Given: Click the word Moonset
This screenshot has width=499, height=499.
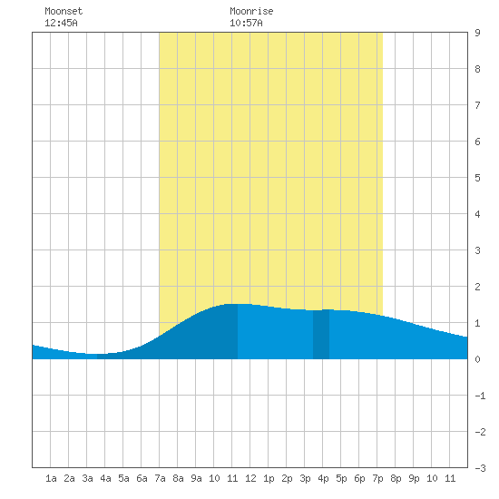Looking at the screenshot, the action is (64, 11).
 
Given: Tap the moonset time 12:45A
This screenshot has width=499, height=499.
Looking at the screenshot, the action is (61, 23).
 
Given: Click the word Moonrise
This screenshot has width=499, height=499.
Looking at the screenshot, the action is (251, 11).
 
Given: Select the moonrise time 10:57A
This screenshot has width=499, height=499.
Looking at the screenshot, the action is (246, 23).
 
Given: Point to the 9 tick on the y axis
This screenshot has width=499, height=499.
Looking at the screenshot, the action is (477, 33).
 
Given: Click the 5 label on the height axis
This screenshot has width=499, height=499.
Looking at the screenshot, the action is (477, 178).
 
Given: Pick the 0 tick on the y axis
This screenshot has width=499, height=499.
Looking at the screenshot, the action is (477, 359).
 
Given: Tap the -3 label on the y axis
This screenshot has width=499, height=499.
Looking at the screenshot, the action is (480, 468).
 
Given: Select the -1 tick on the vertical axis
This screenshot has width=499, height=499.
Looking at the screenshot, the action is (480, 396).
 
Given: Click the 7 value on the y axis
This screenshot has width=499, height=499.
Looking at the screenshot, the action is (477, 105).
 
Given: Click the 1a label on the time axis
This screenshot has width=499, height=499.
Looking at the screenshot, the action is (51, 478).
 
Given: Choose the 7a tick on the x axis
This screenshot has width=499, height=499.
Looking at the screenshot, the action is (160, 478).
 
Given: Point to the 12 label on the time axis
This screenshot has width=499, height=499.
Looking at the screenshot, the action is (250, 478).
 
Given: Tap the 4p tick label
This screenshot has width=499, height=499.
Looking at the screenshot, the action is (323, 478).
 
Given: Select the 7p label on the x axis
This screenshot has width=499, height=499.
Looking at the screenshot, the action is (377, 478).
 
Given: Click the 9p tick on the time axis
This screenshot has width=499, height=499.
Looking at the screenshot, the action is (414, 478).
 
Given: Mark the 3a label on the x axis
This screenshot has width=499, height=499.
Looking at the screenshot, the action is (87, 478).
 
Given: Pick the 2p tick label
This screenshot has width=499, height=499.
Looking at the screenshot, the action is (287, 478).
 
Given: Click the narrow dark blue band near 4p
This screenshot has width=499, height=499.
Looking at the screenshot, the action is (321, 334).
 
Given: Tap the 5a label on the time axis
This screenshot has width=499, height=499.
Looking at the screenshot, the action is (123, 478).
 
